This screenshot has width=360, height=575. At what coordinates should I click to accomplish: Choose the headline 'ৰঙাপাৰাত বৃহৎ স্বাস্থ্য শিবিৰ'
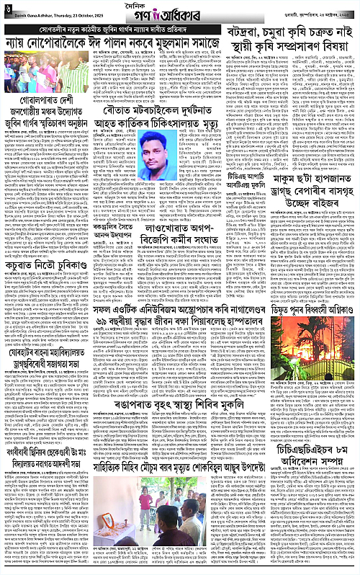point(182,465)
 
